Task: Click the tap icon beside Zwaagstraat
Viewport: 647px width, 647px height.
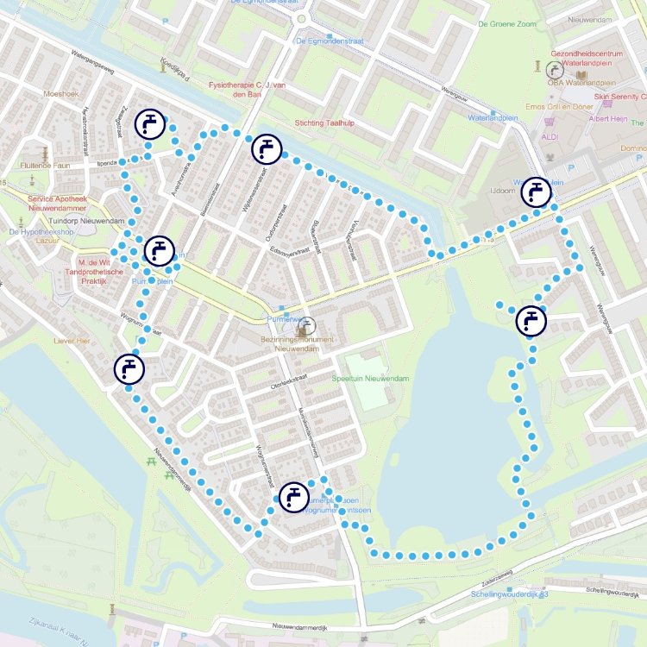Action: pyautogui.click(x=150, y=125)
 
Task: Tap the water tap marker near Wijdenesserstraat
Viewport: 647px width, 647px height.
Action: pyautogui.click(x=266, y=149)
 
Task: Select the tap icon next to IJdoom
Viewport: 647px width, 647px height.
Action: pyautogui.click(x=536, y=192)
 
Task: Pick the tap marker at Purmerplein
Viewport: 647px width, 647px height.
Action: pyautogui.click(x=159, y=251)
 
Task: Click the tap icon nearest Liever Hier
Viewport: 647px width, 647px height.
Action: pyautogui.click(x=129, y=368)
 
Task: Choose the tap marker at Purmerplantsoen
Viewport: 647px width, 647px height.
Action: pyautogui.click(x=293, y=497)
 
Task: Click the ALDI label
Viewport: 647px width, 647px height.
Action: pyautogui.click(x=549, y=136)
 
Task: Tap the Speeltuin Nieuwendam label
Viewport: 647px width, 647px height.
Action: pyautogui.click(x=370, y=379)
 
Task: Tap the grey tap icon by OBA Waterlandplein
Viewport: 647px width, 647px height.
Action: pyautogui.click(x=554, y=68)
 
